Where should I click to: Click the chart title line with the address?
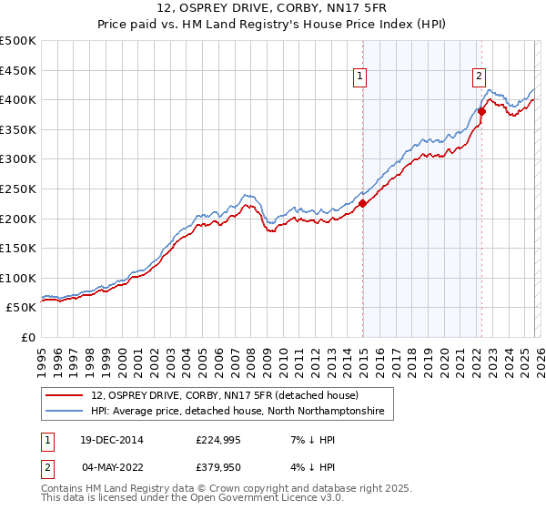point(273,9)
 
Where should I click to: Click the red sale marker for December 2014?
point(363,204)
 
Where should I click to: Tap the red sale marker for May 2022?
point(481,112)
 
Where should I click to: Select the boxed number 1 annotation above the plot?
point(361,77)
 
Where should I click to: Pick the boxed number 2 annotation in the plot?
point(479,77)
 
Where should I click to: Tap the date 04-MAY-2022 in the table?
point(109,467)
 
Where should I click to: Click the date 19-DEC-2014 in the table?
point(109,440)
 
